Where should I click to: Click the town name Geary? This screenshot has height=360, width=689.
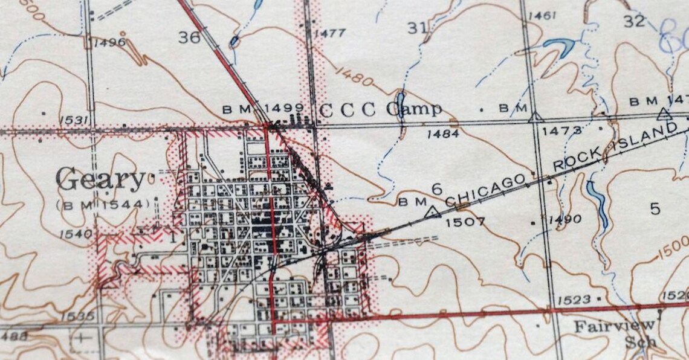pos(100,179)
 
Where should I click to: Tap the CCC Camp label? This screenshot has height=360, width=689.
pos(380,110)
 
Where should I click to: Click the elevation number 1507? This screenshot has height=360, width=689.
pos(465,222)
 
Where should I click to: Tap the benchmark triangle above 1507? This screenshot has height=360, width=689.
pos(432,211)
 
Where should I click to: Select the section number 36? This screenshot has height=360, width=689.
pos(189,37)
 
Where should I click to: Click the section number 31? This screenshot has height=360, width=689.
pos(418,27)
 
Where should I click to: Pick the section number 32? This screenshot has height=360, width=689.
pos(634,21)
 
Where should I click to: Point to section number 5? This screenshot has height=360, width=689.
pos(655,209)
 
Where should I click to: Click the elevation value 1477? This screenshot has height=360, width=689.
pos(329,33)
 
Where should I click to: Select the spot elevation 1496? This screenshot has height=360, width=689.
pos(109,42)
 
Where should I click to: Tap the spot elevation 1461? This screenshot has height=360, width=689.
pos(542,15)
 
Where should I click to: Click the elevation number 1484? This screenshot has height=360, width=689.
pos(442,134)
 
